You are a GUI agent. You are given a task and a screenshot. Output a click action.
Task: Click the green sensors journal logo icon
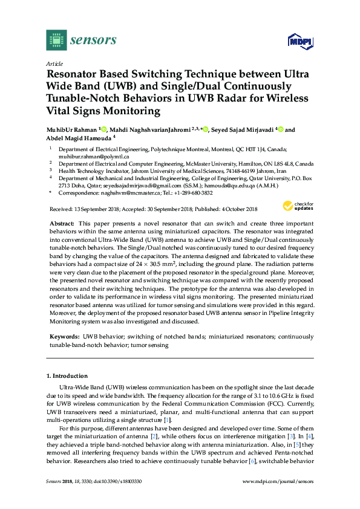56,41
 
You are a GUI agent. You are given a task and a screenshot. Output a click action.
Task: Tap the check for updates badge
299,207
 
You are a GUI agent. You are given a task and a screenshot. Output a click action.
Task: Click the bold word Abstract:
61,223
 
